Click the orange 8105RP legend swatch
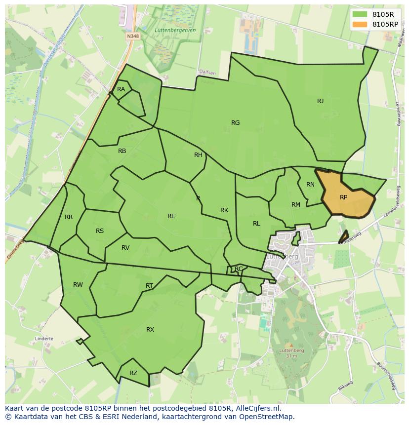pos(360,24)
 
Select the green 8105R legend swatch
pos(360,14)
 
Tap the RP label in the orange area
pos(344,197)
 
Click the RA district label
pos(121,89)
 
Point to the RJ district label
pos(321,101)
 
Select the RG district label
pos(236,123)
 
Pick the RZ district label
pos(133,373)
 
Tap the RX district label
pos(150,330)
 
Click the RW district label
pos(78,285)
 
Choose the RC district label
pos(239,269)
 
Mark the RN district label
pos(310,185)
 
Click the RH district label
pos(198,155)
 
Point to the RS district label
pos(100,231)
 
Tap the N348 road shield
pos(132,36)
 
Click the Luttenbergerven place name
pos(175,30)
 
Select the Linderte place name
pos(44,339)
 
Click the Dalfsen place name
pos(207,73)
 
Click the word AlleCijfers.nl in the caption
pos(257,408)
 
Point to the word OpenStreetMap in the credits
pos(267,417)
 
